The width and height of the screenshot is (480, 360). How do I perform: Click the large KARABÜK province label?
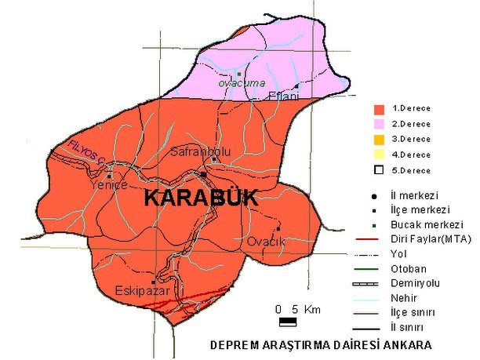(201, 199)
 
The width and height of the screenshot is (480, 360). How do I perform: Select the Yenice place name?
(108, 186)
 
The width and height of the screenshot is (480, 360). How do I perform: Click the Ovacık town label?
(264, 242)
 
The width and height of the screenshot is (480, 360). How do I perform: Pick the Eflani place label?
(283, 96)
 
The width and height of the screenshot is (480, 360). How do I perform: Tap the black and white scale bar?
(288, 321)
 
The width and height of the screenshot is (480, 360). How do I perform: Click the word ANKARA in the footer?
(407, 345)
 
